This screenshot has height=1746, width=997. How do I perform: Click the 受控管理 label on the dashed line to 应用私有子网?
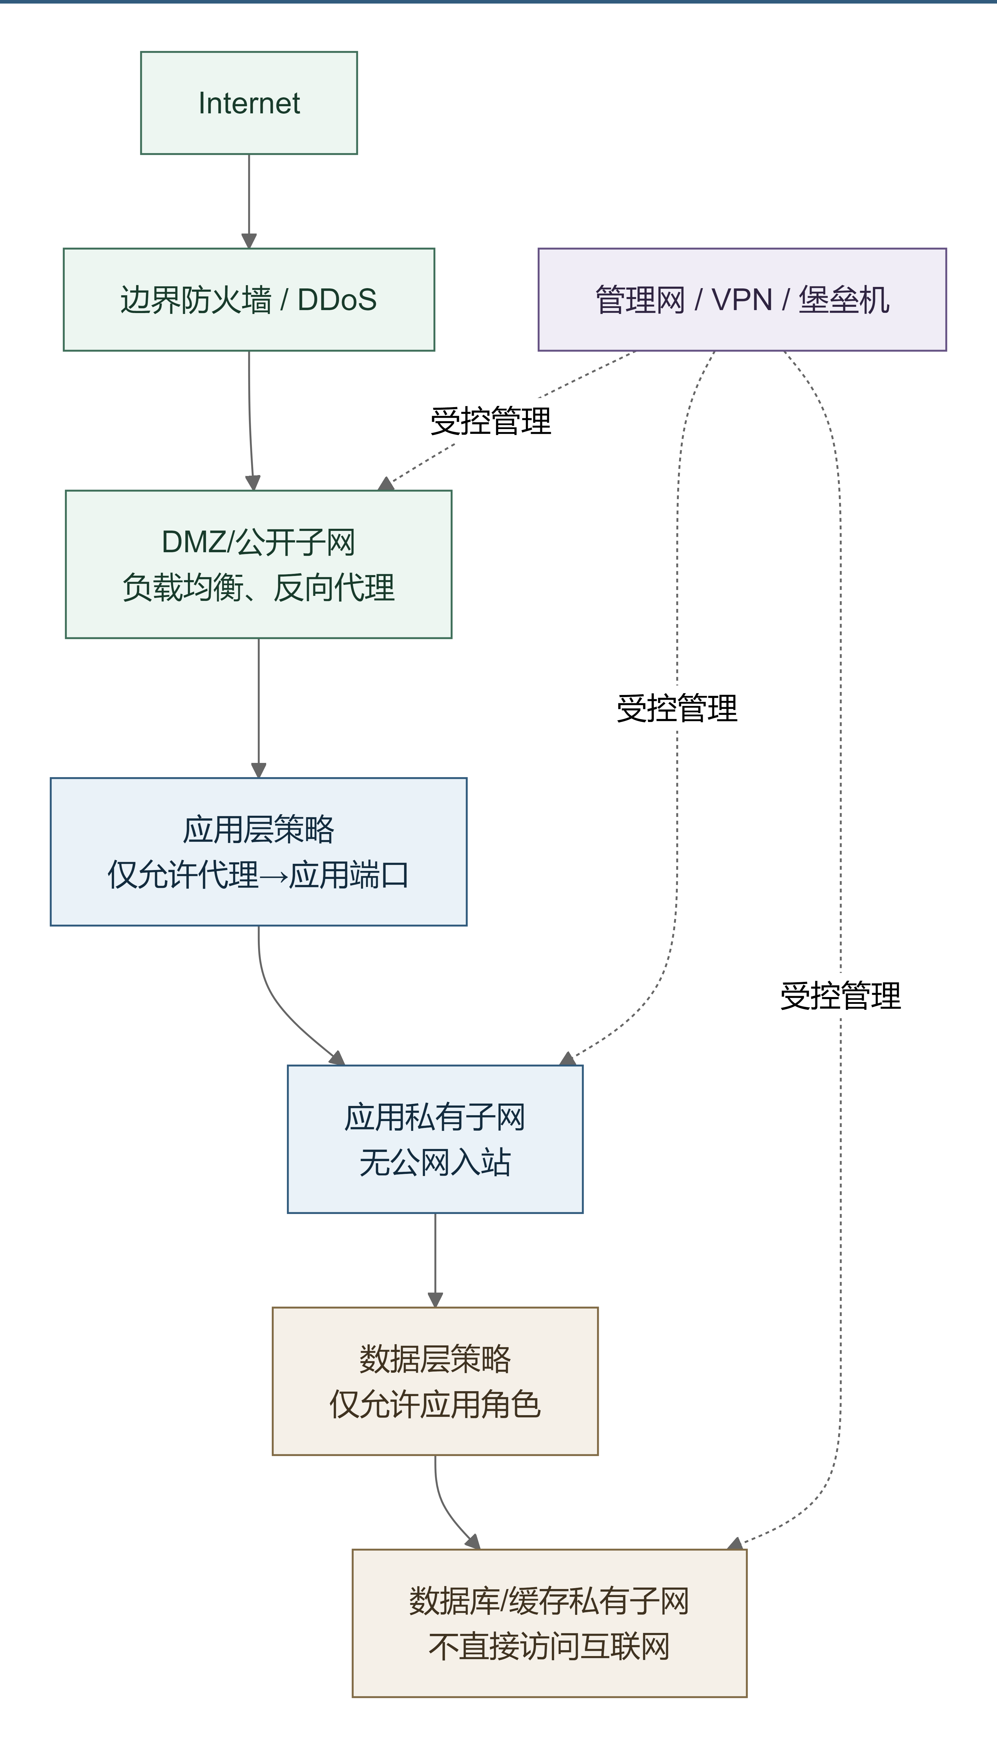click(677, 708)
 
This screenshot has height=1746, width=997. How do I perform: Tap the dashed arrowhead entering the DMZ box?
click(386, 484)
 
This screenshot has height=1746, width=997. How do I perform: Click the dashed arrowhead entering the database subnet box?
click(735, 1543)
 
